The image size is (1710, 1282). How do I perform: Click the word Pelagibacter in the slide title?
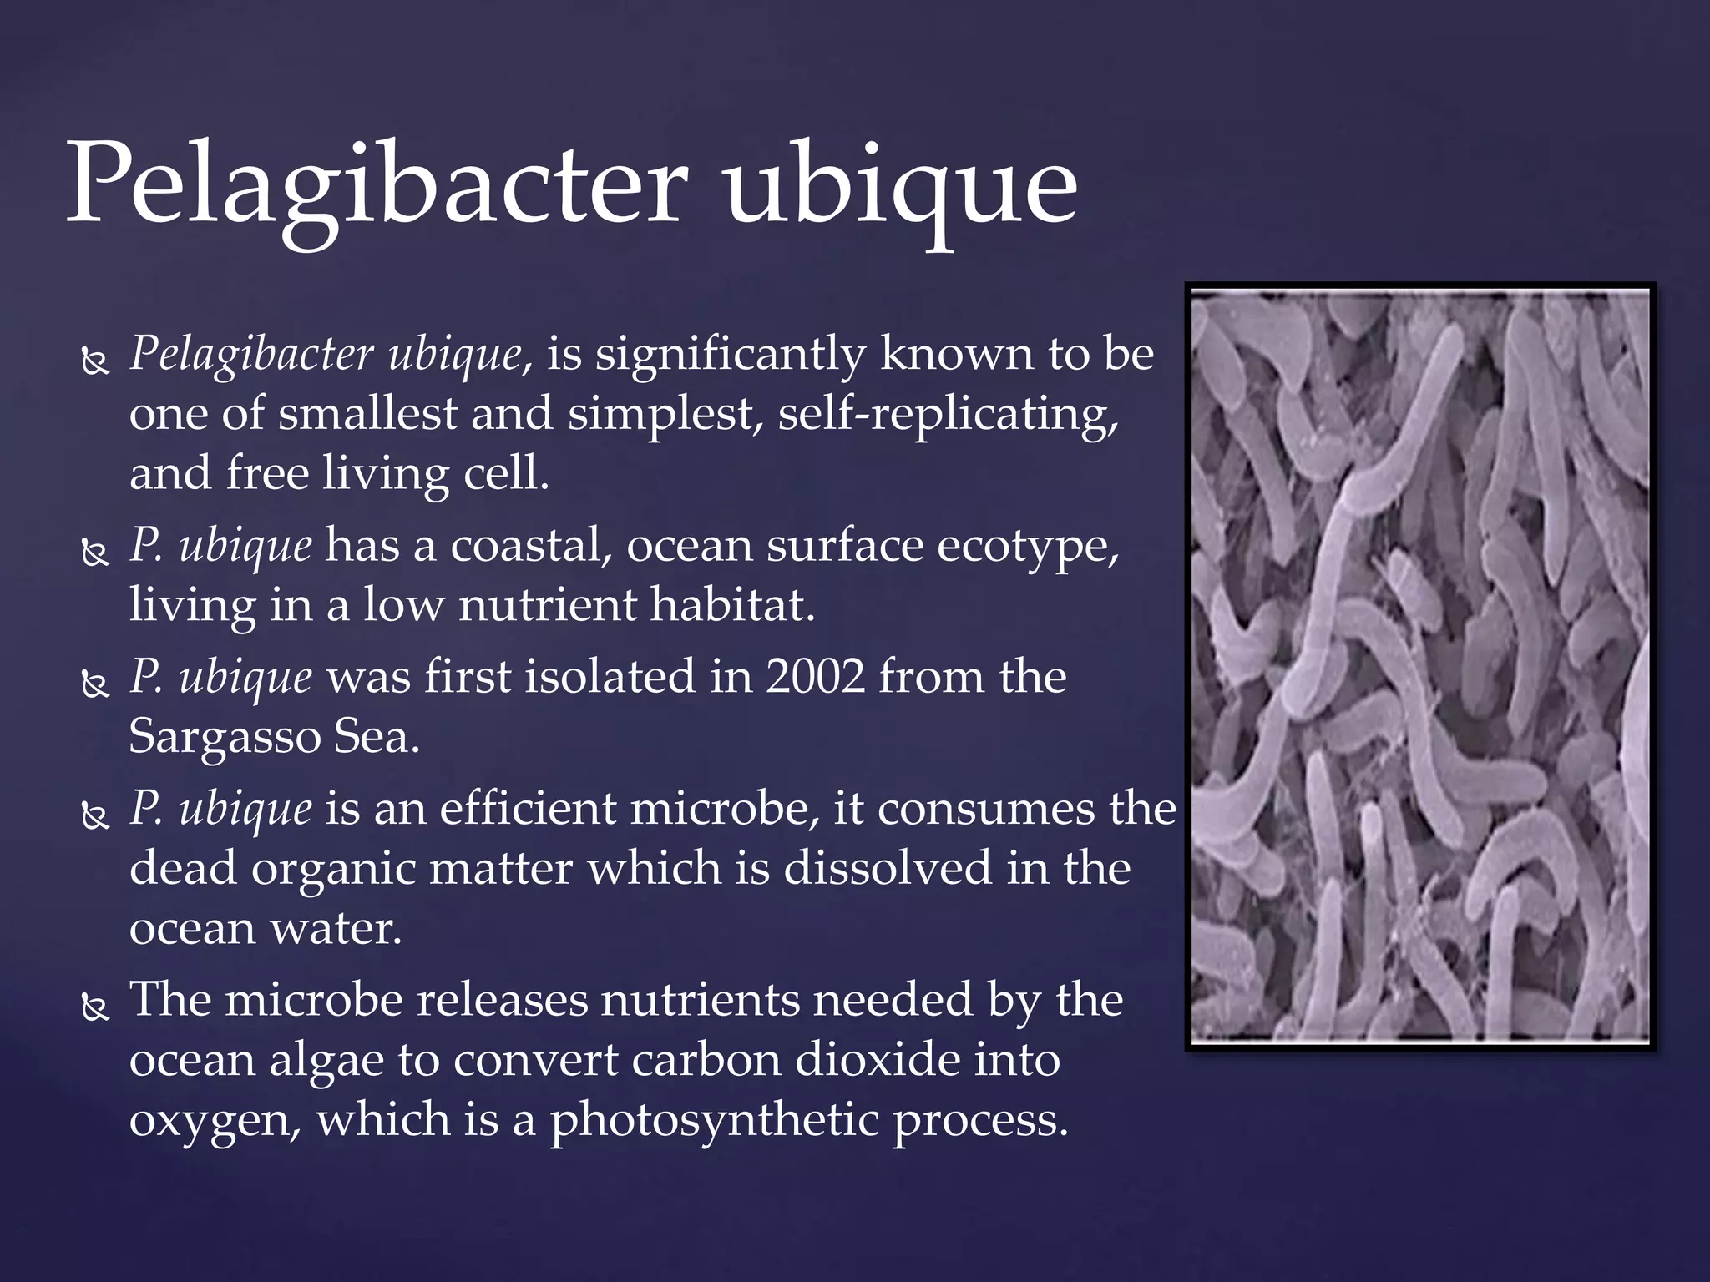point(376,185)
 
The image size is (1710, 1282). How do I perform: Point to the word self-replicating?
point(948,415)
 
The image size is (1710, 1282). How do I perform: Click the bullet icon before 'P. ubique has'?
point(95,553)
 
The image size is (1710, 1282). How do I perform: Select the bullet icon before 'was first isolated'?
point(95,684)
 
